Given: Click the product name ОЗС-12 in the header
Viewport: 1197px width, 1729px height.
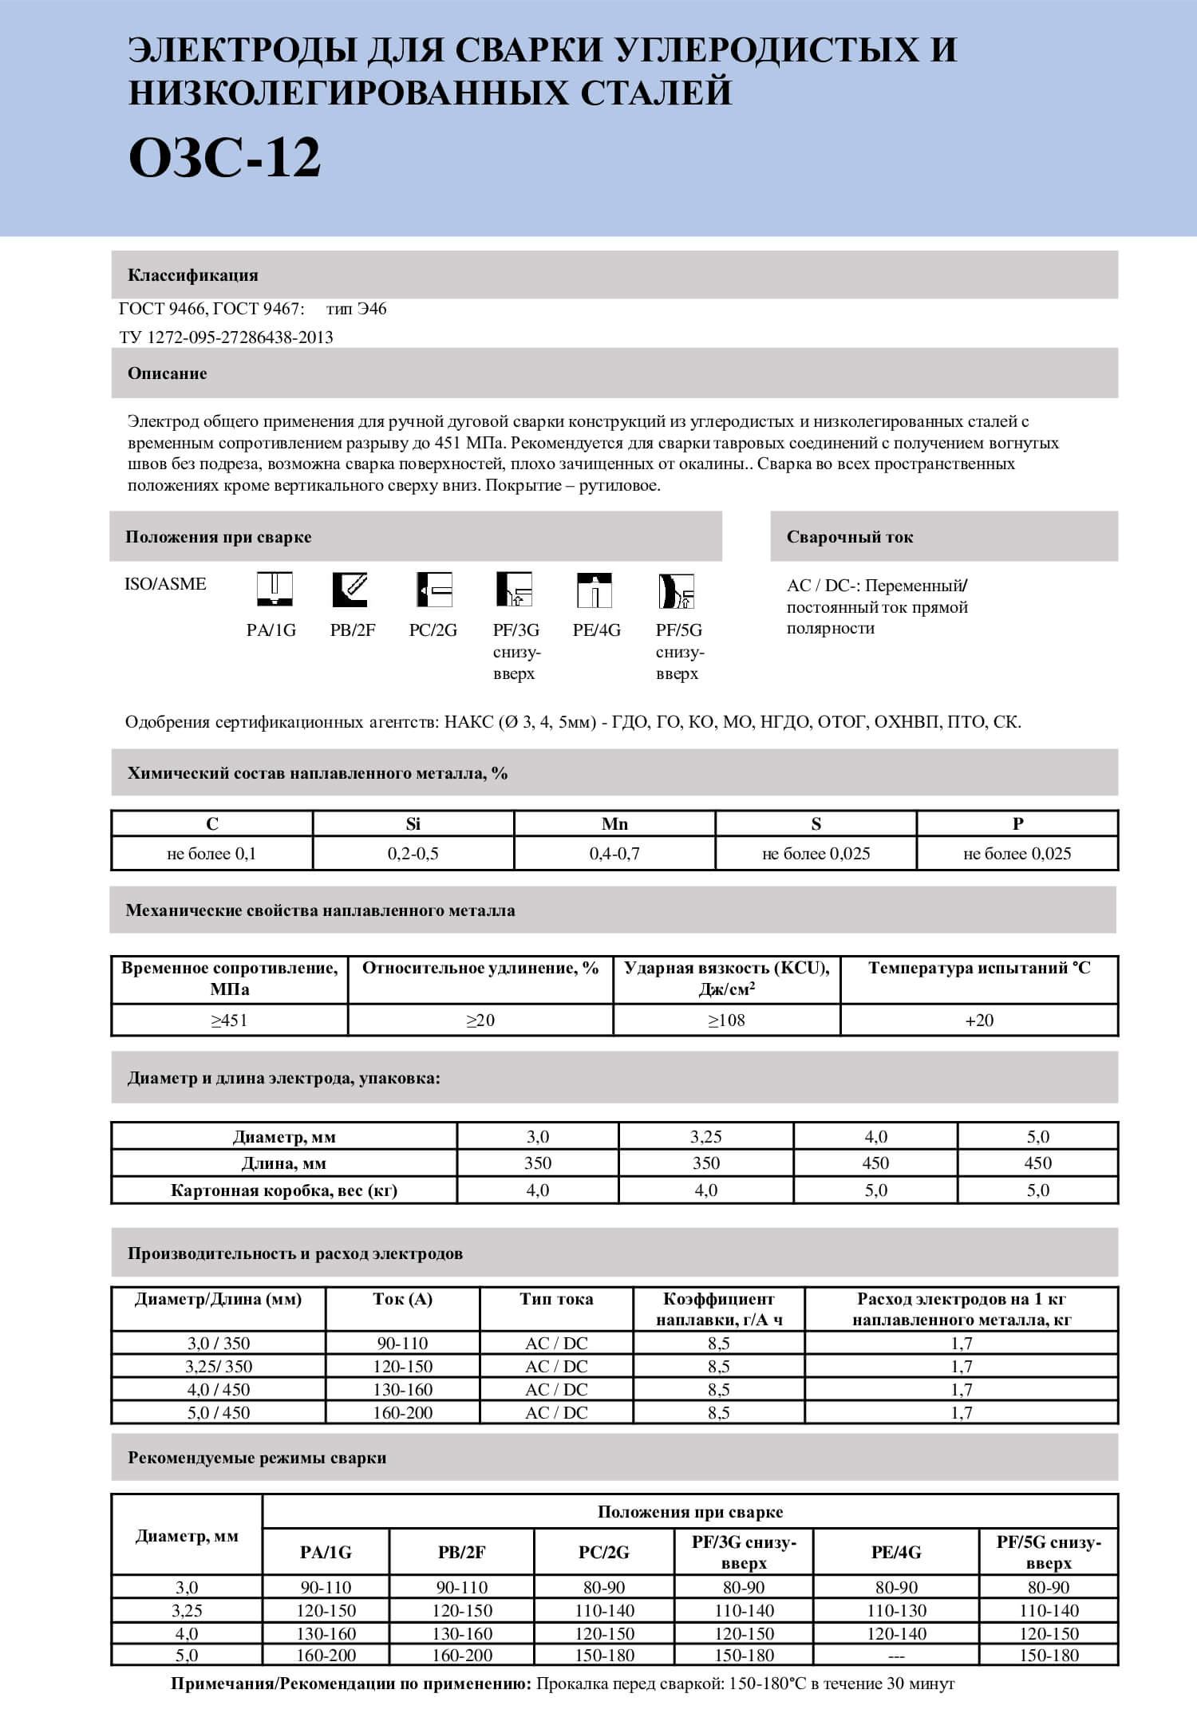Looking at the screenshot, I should [224, 157].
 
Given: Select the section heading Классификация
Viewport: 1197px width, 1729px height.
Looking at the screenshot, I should [193, 275].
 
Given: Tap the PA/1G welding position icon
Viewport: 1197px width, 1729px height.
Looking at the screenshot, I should [275, 590].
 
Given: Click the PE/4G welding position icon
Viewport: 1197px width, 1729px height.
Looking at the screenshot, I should [595, 590].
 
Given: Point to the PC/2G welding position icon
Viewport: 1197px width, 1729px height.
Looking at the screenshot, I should [435, 590].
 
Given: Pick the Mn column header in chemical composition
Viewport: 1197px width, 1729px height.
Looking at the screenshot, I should [614, 823].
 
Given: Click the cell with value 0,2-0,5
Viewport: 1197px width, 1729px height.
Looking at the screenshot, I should [413, 854].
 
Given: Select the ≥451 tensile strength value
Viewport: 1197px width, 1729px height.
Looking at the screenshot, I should [229, 1020].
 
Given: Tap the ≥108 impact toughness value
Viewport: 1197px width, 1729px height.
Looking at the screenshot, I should [726, 1020].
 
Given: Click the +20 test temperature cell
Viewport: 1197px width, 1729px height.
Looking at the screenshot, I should [979, 1020].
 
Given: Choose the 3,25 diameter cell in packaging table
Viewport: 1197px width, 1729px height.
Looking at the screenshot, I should [706, 1136].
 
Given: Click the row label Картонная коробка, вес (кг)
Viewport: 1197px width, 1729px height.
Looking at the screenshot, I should [284, 1190].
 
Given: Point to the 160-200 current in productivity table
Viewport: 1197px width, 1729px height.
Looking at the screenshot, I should [403, 1412].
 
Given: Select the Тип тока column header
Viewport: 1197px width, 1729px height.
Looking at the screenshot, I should [556, 1299].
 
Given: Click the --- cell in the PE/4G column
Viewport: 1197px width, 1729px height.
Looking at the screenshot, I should [896, 1656].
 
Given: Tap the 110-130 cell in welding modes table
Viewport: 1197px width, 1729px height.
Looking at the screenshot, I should [896, 1611].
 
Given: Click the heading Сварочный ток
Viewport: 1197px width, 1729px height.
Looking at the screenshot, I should [850, 537].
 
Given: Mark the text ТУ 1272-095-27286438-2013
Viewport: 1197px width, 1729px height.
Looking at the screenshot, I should [227, 338].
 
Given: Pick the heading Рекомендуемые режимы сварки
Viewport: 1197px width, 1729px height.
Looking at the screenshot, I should [257, 1458].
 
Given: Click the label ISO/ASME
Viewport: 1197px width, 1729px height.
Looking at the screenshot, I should [165, 584].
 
